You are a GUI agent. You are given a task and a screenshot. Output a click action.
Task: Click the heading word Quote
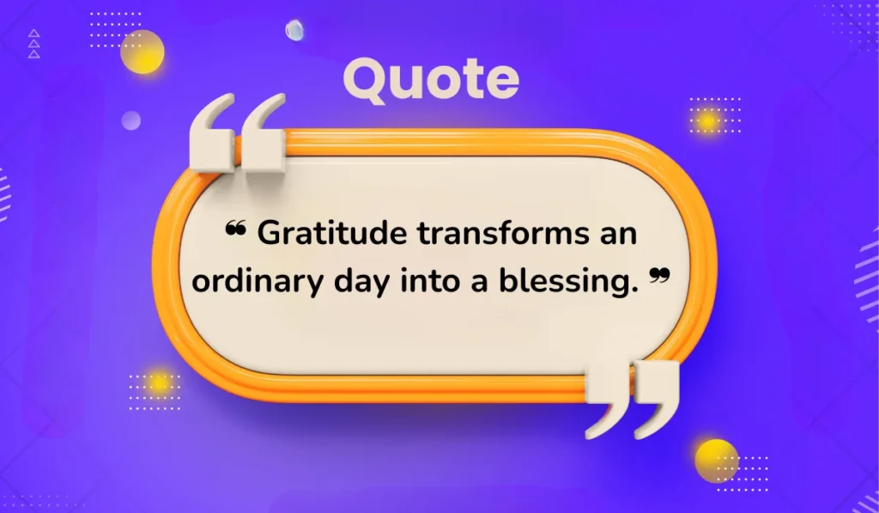(x=431, y=80)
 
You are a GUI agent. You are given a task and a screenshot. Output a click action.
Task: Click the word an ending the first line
(x=618, y=234)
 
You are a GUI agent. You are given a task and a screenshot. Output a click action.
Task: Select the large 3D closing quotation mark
(x=633, y=398)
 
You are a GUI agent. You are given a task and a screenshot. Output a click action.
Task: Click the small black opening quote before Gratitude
(x=235, y=228)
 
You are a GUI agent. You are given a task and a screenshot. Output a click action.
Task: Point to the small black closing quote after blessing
(x=658, y=275)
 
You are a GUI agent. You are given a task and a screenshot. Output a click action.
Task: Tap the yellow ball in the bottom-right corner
(x=716, y=461)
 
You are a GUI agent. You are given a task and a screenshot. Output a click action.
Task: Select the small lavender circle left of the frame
(x=130, y=120)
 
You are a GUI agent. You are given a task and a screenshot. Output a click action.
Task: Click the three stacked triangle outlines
(x=33, y=45)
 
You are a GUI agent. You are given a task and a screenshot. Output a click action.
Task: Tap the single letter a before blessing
(x=497, y=282)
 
